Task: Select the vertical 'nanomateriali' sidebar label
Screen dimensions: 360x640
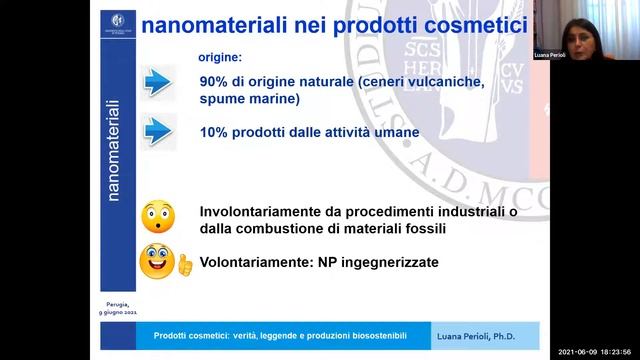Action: [113, 150]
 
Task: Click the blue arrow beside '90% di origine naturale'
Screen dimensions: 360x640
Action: [158, 83]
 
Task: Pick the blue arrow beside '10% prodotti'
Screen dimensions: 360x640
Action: [158, 131]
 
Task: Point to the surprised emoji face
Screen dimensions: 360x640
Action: [157, 216]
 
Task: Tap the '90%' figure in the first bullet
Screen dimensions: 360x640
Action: [215, 81]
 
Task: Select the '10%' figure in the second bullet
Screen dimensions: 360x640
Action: [215, 131]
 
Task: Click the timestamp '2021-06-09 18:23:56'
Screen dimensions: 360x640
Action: [594, 352]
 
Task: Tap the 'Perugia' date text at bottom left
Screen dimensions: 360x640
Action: [117, 306]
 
